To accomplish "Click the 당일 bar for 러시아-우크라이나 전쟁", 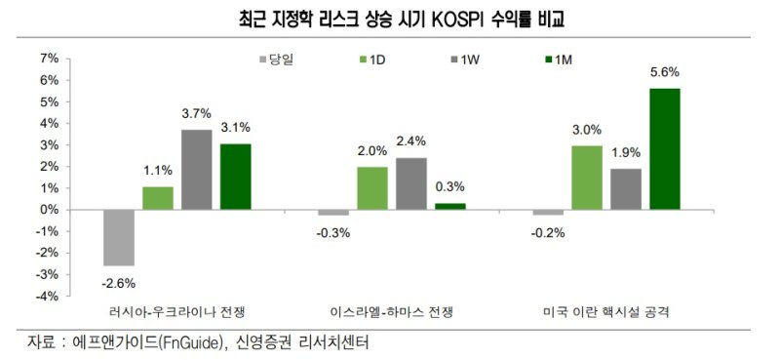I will point(118,237).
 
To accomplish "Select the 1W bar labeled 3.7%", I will point(196,170).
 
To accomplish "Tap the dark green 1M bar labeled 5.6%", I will point(664,148).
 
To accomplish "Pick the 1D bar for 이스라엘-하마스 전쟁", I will point(371,187).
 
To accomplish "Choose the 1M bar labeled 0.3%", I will point(449,206).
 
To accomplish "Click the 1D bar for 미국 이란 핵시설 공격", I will point(586,177).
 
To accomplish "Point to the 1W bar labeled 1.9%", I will point(625,188).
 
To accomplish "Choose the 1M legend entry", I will point(555,60).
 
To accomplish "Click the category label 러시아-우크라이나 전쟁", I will point(178,312).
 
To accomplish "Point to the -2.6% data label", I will point(118,282).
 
